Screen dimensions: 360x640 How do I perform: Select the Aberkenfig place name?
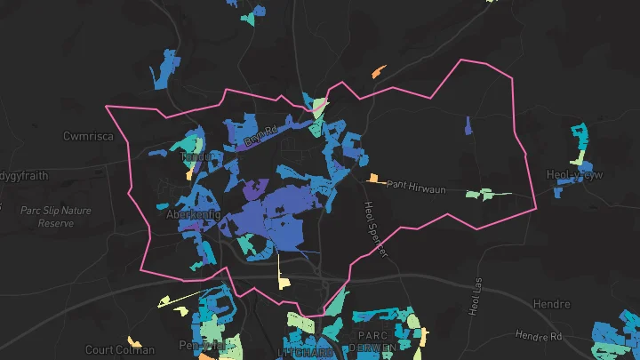point(193,215)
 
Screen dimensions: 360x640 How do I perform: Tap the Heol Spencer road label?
point(375,229)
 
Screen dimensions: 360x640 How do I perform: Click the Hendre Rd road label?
point(540,336)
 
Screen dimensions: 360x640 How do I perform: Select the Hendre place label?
point(551,305)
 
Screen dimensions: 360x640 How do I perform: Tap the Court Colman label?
point(120,349)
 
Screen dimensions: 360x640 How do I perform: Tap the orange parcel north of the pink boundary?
point(379,70)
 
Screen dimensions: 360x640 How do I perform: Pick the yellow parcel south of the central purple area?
point(284,274)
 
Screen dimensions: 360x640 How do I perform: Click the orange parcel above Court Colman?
point(134,341)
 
